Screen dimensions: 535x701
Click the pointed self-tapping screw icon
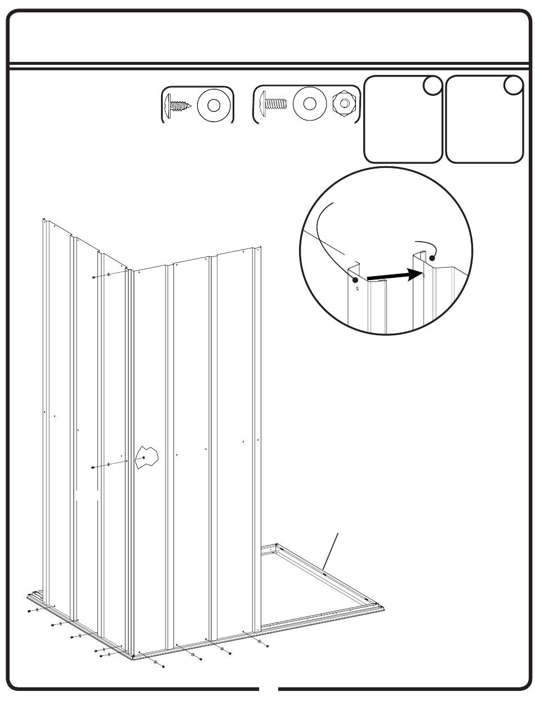coord(178,105)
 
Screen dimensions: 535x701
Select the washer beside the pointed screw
coord(213,105)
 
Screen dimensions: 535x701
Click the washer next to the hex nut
coord(309,104)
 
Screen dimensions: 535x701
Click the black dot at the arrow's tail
coord(355,280)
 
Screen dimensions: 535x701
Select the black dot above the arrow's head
coord(432,258)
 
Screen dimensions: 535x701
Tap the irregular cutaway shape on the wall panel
coord(148,457)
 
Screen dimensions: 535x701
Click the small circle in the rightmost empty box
coord(512,86)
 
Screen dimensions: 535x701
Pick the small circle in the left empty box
coord(432,86)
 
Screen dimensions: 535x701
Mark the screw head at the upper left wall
coord(92,277)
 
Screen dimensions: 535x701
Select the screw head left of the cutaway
coord(92,467)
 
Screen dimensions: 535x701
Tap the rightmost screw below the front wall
coord(267,646)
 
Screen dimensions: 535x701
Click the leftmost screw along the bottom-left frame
coord(29,610)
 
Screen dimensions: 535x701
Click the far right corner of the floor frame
coord(384,607)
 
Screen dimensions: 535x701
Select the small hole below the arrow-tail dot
coord(357,291)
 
